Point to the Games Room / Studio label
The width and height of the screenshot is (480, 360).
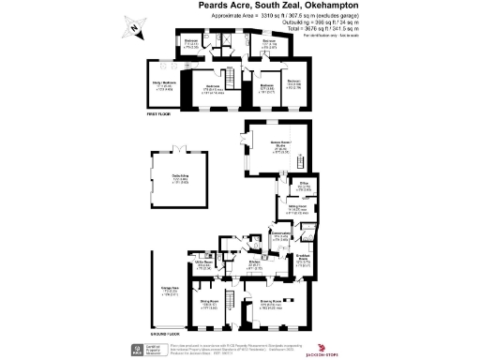coord(278,144)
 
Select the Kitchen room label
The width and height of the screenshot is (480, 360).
coord(253,263)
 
